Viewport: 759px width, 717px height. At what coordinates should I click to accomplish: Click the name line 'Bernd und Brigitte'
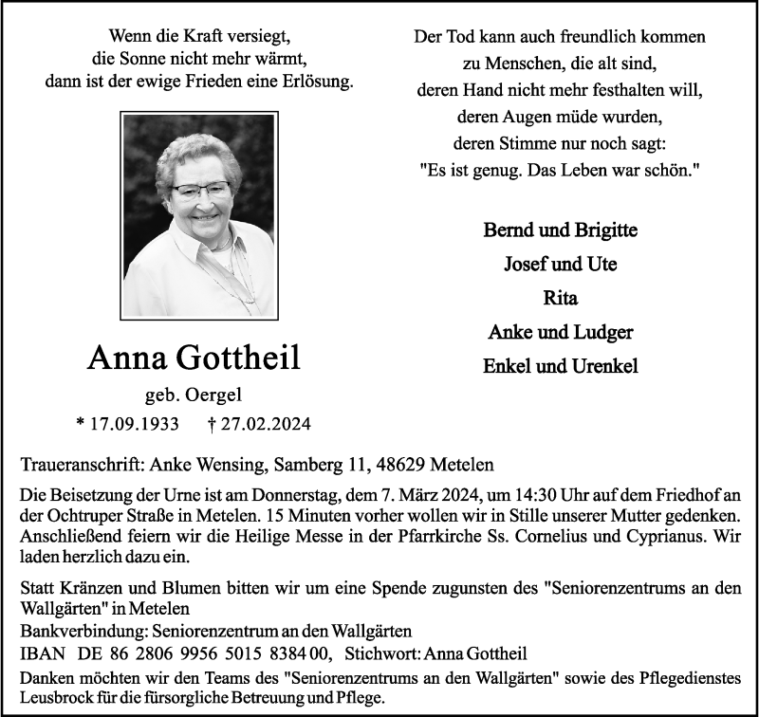560,230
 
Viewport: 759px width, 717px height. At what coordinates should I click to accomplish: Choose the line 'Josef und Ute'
560,265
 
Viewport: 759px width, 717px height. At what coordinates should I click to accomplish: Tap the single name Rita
560,299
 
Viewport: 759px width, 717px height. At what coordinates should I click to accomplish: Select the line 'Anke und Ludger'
560,332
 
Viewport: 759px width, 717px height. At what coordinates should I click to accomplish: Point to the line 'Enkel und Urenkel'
560,366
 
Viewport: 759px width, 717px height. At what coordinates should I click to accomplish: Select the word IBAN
39,653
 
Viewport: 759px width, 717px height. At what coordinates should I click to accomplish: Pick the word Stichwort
381,653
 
